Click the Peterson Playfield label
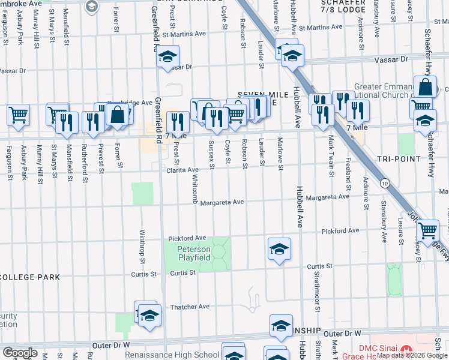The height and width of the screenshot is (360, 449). click(193, 253)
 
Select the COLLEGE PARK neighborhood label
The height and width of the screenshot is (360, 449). click(29, 277)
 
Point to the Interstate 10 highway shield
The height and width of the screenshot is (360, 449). click(384, 182)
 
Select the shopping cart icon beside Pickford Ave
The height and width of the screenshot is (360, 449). click(428, 229)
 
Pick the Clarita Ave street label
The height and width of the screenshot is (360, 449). click(182, 170)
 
